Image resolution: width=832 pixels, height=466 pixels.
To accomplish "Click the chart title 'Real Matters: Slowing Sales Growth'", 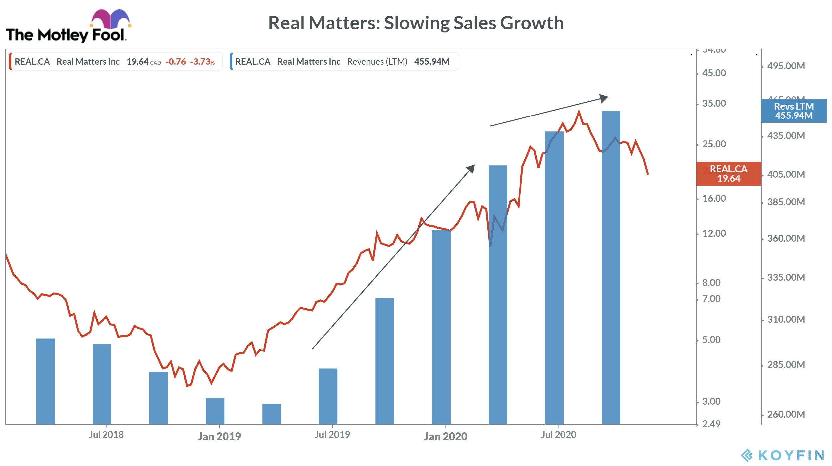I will (x=416, y=23).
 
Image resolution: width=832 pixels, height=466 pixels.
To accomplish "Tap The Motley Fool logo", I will (x=68, y=27).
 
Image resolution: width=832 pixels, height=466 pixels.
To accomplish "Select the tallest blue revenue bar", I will (x=611, y=266).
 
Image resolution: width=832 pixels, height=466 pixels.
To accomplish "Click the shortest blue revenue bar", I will (x=271, y=414).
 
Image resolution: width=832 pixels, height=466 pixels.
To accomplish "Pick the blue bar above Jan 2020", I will (x=441, y=326).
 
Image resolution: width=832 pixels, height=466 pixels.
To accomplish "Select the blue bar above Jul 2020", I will (x=554, y=276).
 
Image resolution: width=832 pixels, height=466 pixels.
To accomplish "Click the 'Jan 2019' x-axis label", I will (x=219, y=436).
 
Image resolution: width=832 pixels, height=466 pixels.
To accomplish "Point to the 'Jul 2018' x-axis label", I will (x=106, y=435).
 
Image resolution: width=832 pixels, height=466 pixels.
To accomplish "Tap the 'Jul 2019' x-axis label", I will (x=332, y=435).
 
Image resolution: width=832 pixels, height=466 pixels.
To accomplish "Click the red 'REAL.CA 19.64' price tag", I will (x=728, y=174).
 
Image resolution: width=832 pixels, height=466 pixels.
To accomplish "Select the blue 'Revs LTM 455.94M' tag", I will (x=794, y=111).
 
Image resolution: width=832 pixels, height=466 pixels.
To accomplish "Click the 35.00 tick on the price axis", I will (x=714, y=103).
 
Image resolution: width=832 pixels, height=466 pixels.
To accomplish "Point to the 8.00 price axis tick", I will (x=711, y=283).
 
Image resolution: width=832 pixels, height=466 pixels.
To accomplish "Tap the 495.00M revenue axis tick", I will (x=786, y=66).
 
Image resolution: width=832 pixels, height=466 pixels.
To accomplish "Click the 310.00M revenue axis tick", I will (x=786, y=319).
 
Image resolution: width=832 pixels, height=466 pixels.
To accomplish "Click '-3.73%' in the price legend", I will (x=202, y=62).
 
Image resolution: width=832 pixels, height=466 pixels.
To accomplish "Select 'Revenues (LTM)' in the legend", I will (x=377, y=62).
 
